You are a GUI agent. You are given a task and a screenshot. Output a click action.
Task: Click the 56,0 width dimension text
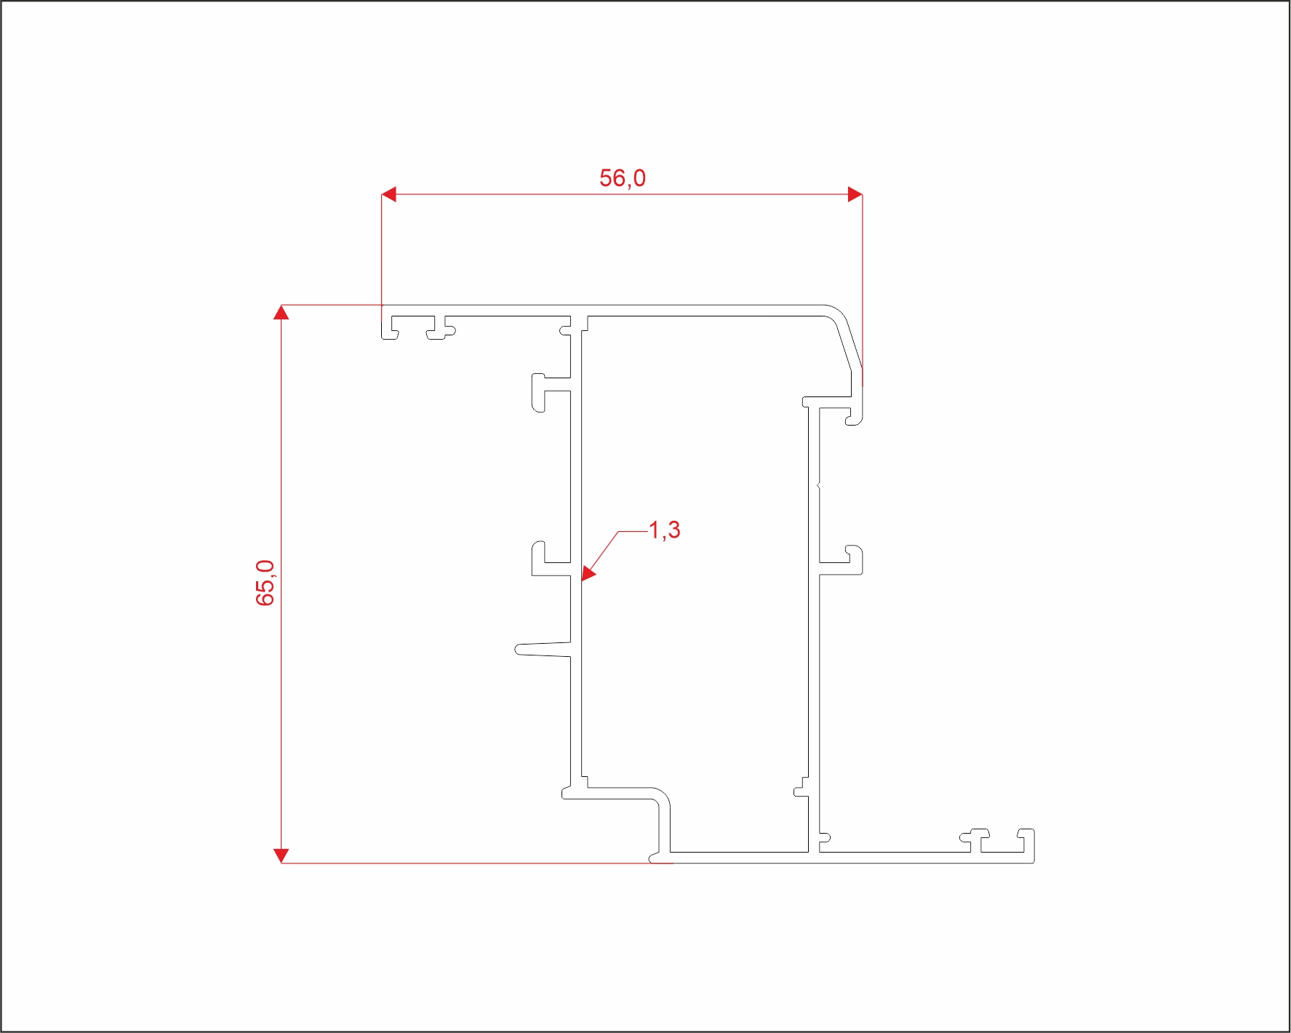(x=622, y=178)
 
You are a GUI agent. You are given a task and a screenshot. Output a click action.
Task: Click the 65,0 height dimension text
(x=265, y=583)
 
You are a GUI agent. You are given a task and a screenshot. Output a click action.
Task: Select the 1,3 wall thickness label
(x=664, y=530)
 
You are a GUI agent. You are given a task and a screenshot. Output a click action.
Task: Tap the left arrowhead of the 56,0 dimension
(x=389, y=194)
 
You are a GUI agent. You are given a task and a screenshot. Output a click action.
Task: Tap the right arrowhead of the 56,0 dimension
(x=855, y=194)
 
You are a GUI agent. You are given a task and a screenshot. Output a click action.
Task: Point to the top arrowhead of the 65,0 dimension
(x=281, y=312)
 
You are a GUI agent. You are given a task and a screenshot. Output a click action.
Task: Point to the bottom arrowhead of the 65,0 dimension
(x=281, y=855)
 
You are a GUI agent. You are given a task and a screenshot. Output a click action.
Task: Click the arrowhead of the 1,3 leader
(x=588, y=575)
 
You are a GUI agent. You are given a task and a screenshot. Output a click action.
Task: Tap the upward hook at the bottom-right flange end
(x=1027, y=841)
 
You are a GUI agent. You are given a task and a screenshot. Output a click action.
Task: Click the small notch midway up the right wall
(x=818, y=485)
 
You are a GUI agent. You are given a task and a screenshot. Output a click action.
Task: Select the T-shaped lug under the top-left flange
(x=440, y=329)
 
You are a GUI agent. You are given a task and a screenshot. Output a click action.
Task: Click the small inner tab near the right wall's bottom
(x=801, y=787)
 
